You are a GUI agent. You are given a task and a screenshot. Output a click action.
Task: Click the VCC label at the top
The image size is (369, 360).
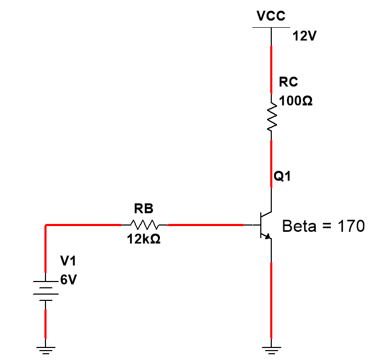(271, 16)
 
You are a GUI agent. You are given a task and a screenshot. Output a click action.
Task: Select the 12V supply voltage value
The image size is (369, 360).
(305, 37)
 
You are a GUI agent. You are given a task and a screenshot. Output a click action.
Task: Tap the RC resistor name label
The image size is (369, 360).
(289, 82)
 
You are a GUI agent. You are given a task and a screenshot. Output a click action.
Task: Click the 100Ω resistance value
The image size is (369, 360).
(296, 101)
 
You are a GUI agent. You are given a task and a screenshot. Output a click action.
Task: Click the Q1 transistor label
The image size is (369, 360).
(283, 177)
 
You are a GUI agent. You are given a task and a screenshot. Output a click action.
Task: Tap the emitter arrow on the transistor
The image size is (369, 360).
(268, 235)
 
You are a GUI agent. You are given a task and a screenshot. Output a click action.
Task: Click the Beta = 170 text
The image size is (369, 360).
(323, 227)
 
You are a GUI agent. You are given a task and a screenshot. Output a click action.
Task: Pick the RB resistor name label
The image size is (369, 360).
(144, 209)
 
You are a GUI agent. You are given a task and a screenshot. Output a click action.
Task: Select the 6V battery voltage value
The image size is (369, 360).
(68, 280)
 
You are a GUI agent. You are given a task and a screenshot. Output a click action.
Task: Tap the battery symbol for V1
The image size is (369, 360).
(45, 291)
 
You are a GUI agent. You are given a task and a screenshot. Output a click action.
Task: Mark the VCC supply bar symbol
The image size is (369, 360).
(271, 27)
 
